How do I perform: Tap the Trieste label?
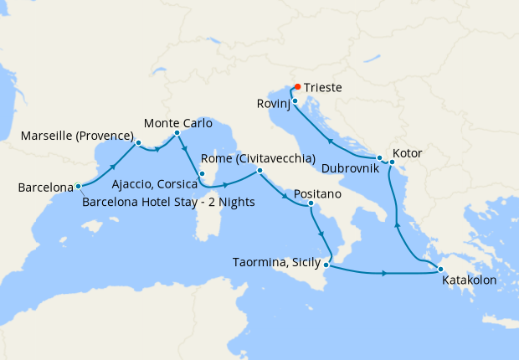click(323, 87)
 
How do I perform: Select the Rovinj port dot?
click(295, 101)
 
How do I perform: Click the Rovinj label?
click(273, 104)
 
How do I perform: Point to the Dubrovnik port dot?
click(379, 158)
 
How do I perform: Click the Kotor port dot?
click(392, 162)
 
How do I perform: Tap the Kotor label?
click(408, 154)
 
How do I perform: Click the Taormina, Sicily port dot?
click(326, 265)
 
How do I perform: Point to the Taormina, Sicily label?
click(277, 262)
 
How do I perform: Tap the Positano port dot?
click(311, 203)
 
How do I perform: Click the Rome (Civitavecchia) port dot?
click(259, 171)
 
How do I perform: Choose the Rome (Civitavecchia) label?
click(258, 158)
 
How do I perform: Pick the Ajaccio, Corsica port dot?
click(202, 176)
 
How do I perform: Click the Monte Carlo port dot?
click(177, 132)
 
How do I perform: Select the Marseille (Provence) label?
click(77, 136)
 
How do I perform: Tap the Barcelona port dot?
click(78, 187)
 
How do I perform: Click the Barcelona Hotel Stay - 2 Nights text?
click(168, 201)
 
